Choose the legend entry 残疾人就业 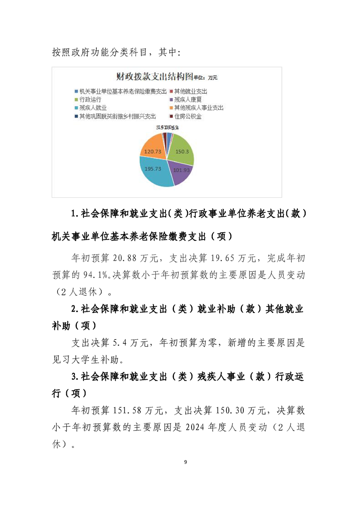point(93,108)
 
